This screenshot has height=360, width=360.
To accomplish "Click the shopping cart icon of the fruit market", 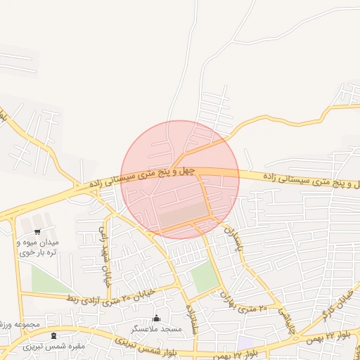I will (x=37, y=231).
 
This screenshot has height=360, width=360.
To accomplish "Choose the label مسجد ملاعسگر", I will (x=156, y=328).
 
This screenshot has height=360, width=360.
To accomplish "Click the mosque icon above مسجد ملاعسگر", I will (x=156, y=318).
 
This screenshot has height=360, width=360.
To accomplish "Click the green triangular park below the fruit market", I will (x=49, y=281).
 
